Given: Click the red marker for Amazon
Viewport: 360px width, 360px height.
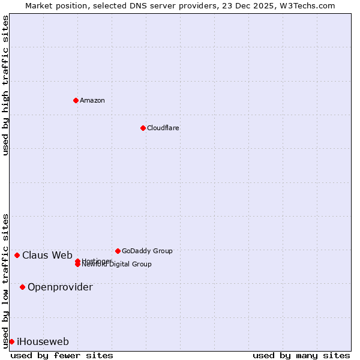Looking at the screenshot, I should pos(76,100).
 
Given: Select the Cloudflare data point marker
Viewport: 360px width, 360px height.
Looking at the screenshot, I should pos(143,128).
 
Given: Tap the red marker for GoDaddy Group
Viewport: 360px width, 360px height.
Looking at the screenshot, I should pos(118,251).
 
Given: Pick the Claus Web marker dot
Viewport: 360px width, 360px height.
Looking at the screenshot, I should pos(17,255).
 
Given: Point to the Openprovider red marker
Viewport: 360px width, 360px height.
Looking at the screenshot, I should pos(22,287).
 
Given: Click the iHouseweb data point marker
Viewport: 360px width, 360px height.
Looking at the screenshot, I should pos(11,341).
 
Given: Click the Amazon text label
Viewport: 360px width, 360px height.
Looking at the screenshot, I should pos(92,100).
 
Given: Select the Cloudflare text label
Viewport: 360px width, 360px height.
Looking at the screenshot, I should pos(163,128).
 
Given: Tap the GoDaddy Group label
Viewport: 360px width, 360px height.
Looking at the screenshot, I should pos(147,251).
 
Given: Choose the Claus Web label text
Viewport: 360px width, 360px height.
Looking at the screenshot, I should pos(47,255).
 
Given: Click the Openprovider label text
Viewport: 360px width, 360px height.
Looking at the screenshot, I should pos(60,287).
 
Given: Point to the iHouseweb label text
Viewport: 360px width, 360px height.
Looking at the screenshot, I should pos(43,341).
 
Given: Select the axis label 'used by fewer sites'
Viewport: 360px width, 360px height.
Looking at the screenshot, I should pos(62,355).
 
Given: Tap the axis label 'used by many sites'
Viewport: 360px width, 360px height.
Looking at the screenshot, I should pos(301,355).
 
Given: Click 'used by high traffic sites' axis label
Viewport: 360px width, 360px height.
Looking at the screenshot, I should pos(5,85).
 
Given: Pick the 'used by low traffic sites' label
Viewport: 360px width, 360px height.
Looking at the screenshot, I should pos(5,280).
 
